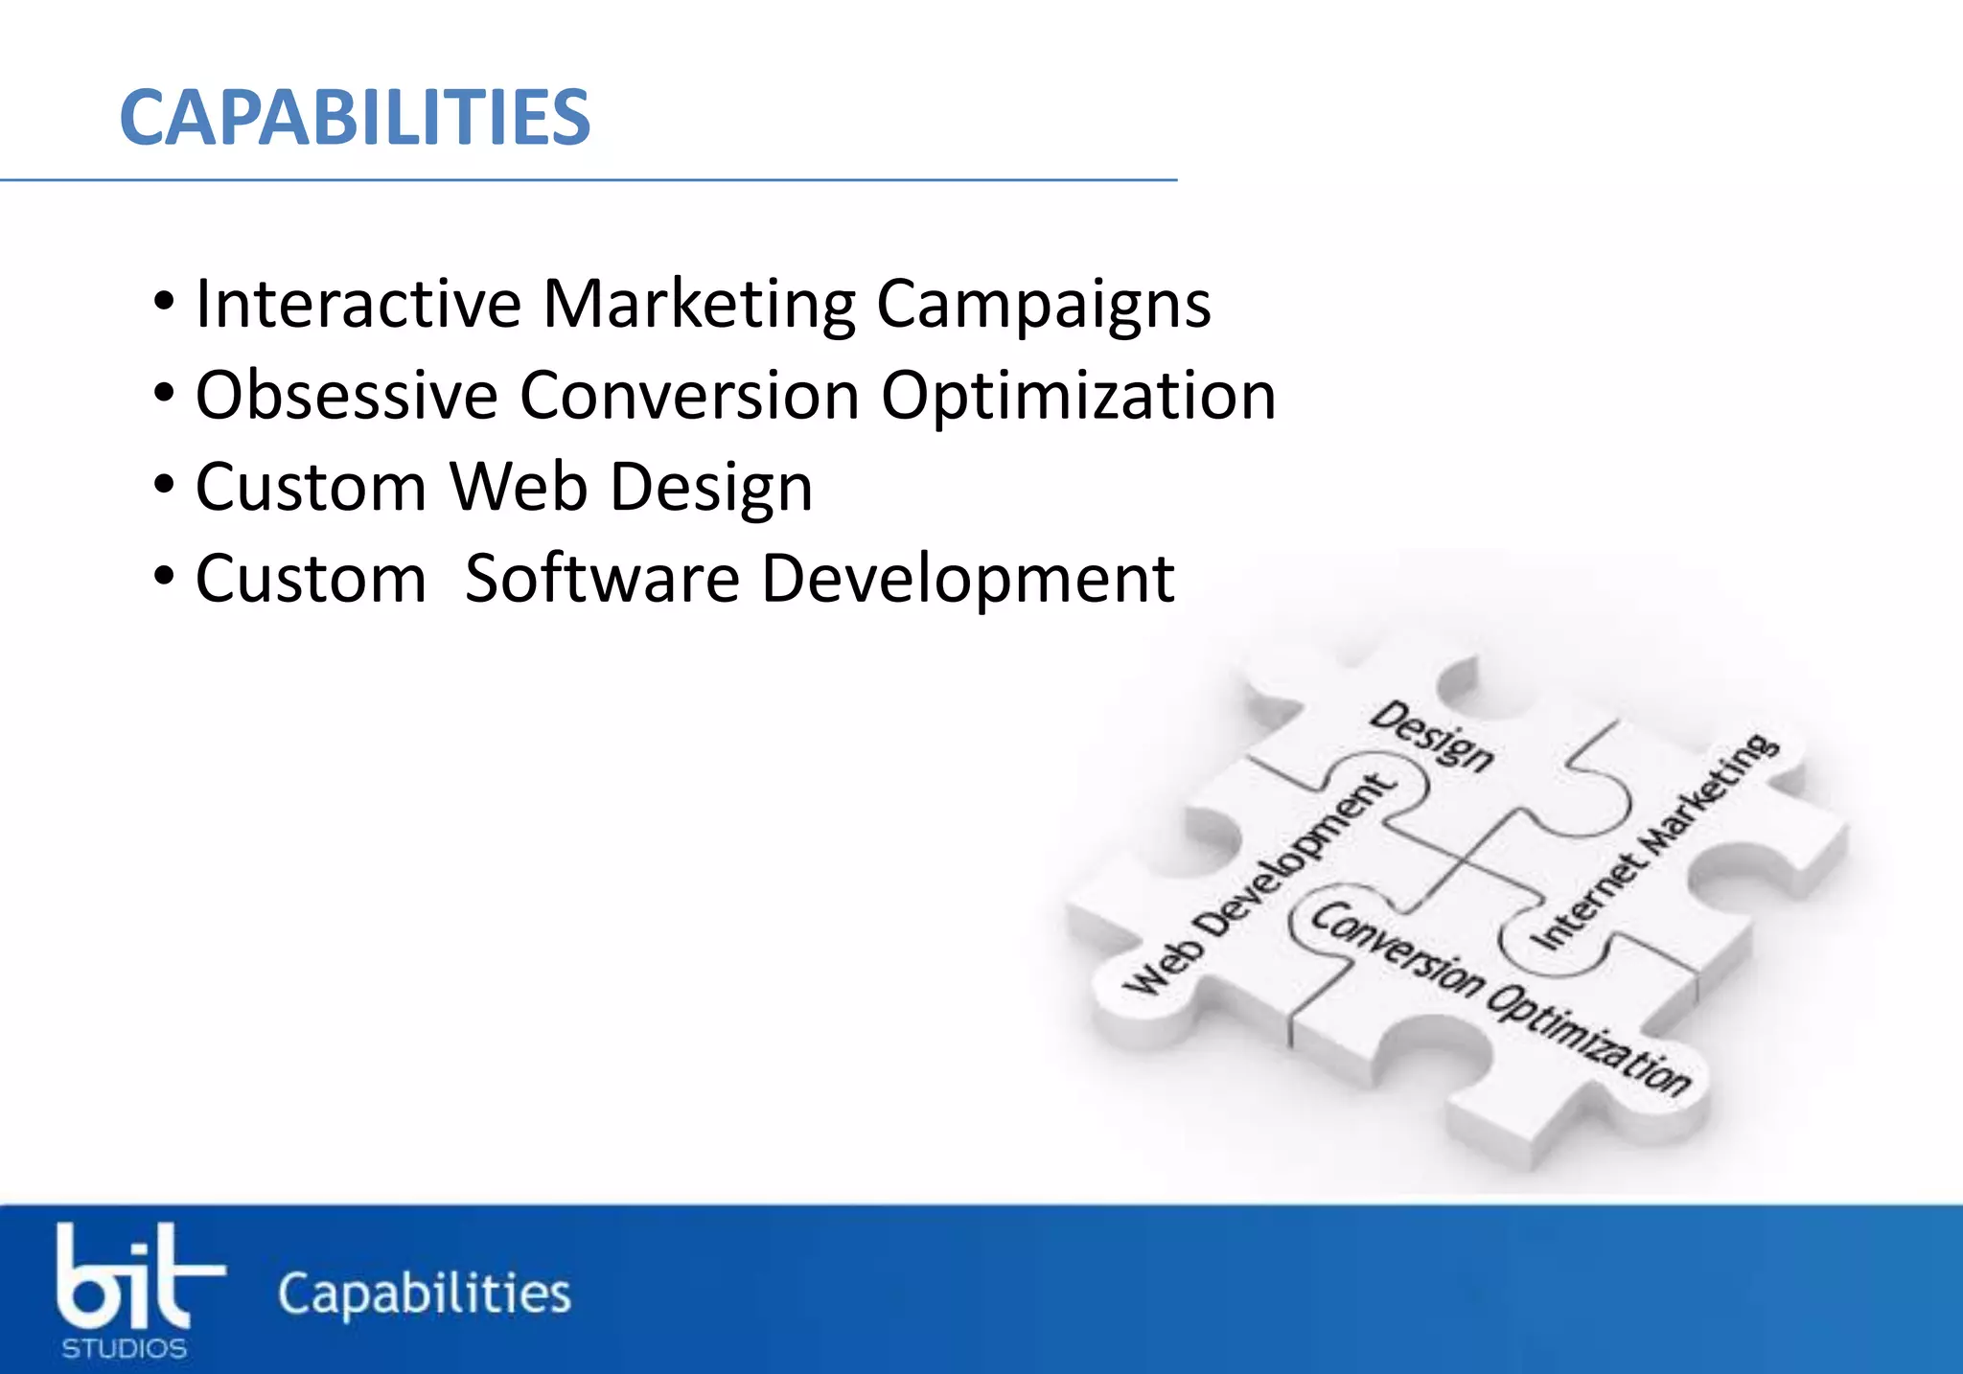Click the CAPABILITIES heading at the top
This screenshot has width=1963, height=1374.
[x=355, y=118]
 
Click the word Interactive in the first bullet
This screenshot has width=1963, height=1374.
[x=358, y=304]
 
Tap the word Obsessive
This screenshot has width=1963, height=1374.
[x=346, y=395]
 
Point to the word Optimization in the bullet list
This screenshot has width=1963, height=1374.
[x=1078, y=397]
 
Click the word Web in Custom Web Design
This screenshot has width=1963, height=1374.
[x=519, y=487]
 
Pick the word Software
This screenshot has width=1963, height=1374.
[x=602, y=579]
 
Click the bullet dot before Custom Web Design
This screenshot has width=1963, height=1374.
[x=164, y=485]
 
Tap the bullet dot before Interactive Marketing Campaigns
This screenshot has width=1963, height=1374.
[x=164, y=302]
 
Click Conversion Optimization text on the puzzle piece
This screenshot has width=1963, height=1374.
[x=1501, y=997]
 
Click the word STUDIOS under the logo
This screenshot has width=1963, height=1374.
[x=125, y=1349]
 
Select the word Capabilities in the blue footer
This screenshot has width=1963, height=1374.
[x=425, y=1294]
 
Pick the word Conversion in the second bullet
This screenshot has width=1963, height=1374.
[x=689, y=395]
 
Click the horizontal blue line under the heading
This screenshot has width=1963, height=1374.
[x=588, y=179]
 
